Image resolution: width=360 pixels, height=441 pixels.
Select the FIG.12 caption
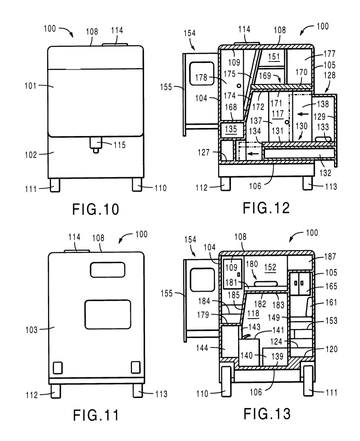coord(267,208)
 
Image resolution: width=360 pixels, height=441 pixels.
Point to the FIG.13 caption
coord(267,414)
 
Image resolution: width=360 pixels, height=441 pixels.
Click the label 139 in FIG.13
coord(273,355)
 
